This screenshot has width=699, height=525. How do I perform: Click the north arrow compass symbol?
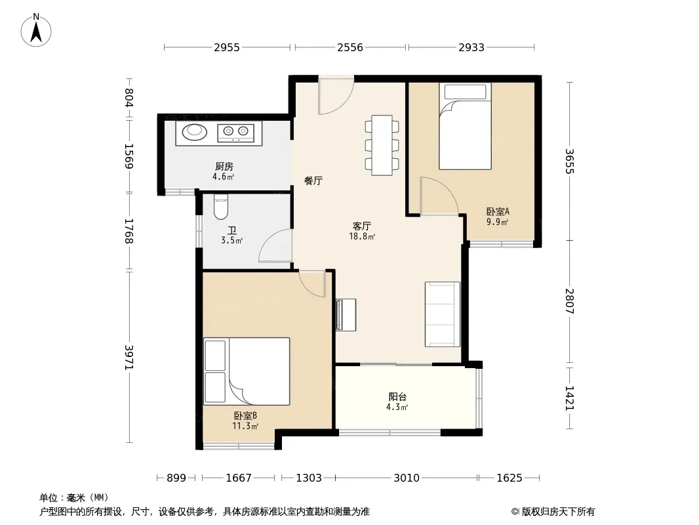[x=36, y=30]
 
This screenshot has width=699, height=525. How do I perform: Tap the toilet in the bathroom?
[x=221, y=206]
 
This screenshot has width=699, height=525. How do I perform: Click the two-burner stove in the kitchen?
[x=235, y=133]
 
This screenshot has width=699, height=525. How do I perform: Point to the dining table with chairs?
[x=382, y=145]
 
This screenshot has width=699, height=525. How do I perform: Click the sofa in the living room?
[x=442, y=314]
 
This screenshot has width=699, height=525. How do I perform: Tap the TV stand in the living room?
[x=346, y=315]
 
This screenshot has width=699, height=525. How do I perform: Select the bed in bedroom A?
[x=465, y=126]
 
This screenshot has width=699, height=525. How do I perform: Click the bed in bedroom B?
[x=247, y=371]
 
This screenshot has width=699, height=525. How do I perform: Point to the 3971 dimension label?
[x=129, y=357]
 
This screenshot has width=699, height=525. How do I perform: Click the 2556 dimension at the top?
[x=350, y=47]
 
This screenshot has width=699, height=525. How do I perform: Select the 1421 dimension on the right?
[x=570, y=398]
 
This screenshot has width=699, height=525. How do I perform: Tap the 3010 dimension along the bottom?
[x=407, y=478]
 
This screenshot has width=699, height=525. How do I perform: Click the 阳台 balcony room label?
[x=397, y=396]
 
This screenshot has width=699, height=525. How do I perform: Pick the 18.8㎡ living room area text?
[x=362, y=236]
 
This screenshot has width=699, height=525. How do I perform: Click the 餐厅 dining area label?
[x=313, y=180]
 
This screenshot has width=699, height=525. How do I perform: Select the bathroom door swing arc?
[x=275, y=245]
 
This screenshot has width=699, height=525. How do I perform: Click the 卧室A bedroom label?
[x=498, y=211]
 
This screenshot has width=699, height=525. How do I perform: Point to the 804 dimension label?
[x=129, y=98]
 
